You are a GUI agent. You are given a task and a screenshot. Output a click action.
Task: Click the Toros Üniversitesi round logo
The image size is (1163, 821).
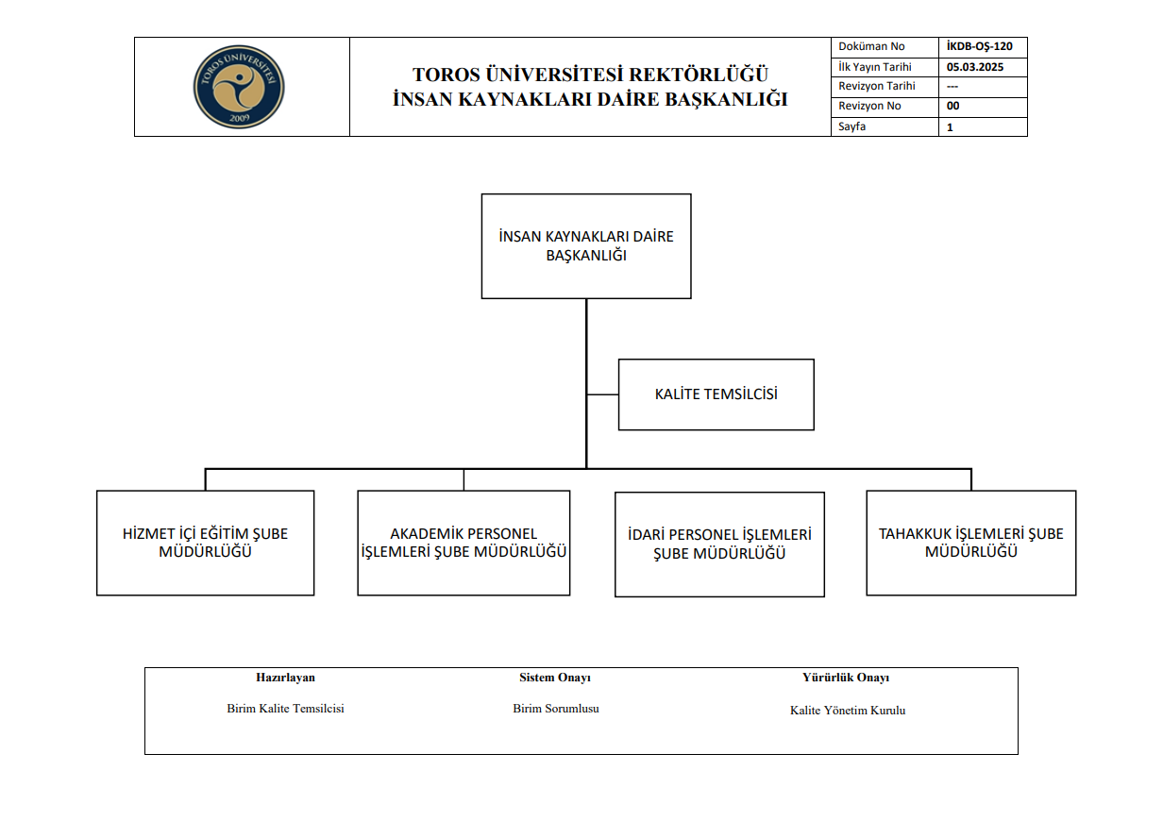(239, 87)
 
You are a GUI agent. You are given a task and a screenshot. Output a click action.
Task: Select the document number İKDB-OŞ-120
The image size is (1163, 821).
(979, 46)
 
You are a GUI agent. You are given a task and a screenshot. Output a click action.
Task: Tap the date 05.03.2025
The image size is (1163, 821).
(974, 67)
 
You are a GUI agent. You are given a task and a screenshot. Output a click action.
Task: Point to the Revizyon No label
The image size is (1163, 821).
(869, 107)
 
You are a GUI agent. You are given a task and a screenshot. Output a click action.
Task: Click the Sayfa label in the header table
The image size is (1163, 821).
(851, 126)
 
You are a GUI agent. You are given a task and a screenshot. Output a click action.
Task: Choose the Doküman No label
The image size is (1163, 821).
(871, 46)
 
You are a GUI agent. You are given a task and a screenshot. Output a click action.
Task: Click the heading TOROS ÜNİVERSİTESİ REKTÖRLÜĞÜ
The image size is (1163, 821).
(590, 75)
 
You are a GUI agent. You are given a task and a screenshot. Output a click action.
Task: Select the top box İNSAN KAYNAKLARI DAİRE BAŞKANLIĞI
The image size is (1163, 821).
(586, 246)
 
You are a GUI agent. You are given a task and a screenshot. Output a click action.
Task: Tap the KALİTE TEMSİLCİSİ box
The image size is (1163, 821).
(716, 394)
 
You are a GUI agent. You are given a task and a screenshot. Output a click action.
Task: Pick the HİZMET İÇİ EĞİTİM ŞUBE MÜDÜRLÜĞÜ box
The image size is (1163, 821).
(205, 543)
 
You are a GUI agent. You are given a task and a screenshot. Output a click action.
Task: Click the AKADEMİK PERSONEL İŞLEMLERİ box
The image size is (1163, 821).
(464, 543)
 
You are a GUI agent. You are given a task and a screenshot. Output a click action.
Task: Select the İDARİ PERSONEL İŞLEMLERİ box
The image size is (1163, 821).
(719, 544)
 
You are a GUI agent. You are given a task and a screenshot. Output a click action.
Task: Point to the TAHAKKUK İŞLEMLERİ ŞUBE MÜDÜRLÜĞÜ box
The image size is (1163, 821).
(970, 543)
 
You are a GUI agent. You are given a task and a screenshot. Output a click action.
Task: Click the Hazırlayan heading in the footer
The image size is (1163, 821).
(285, 678)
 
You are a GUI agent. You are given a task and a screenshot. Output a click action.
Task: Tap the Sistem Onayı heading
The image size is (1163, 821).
(555, 678)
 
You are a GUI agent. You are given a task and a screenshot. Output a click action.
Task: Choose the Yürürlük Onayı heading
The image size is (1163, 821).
(846, 678)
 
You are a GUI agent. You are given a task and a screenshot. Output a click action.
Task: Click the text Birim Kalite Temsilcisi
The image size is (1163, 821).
(285, 709)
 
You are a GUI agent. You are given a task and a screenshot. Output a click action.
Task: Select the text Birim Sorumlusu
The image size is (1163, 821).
(555, 709)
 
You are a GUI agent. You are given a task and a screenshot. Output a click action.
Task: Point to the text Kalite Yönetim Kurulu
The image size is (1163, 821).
(847, 711)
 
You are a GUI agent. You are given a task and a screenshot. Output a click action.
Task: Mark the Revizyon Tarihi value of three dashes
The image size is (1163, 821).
(952, 87)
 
